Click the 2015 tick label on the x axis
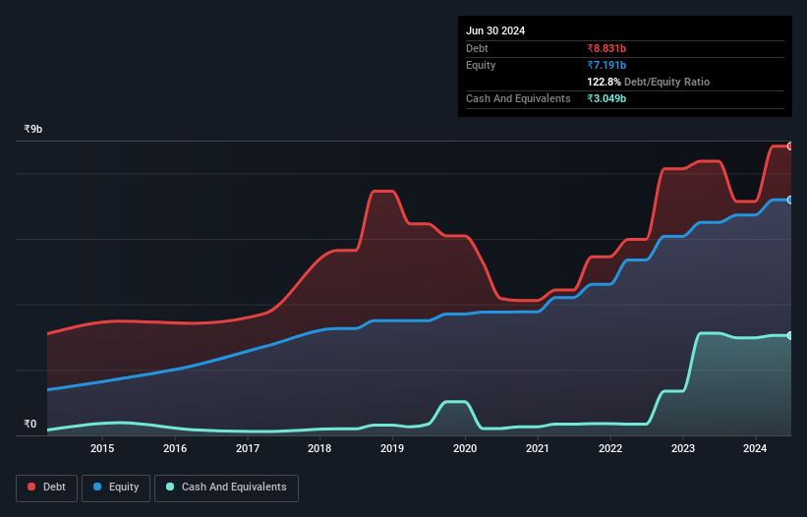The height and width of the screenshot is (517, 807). coord(102,449)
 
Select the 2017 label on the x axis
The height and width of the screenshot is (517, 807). coord(248,449)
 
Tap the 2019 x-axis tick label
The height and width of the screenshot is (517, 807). coord(392,449)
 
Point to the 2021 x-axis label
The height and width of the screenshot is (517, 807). coord(538,449)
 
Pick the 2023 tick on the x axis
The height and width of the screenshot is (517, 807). coord(682,449)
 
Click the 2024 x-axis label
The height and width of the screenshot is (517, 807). coord(755,449)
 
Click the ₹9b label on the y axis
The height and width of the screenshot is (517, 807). coord(32,129)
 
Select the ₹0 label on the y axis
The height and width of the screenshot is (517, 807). coord(29,425)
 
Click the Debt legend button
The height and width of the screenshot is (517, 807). coord(46,487)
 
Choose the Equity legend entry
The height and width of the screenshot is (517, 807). coord(115,487)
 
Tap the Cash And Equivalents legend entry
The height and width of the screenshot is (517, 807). coord(226,487)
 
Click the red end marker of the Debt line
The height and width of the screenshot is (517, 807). coord(790,146)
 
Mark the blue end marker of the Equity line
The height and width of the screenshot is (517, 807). coord(790,200)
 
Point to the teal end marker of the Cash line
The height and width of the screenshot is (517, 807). coord(790,336)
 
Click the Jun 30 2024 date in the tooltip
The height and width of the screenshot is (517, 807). coord(495,30)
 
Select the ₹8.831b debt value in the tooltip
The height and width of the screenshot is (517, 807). coord(607,48)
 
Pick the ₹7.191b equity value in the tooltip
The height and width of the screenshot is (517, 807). coord(607,65)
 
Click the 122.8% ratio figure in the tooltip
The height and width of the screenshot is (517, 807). coord(605,83)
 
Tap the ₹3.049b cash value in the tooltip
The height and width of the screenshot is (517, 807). coord(607,99)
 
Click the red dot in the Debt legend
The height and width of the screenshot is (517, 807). coord(31,488)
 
